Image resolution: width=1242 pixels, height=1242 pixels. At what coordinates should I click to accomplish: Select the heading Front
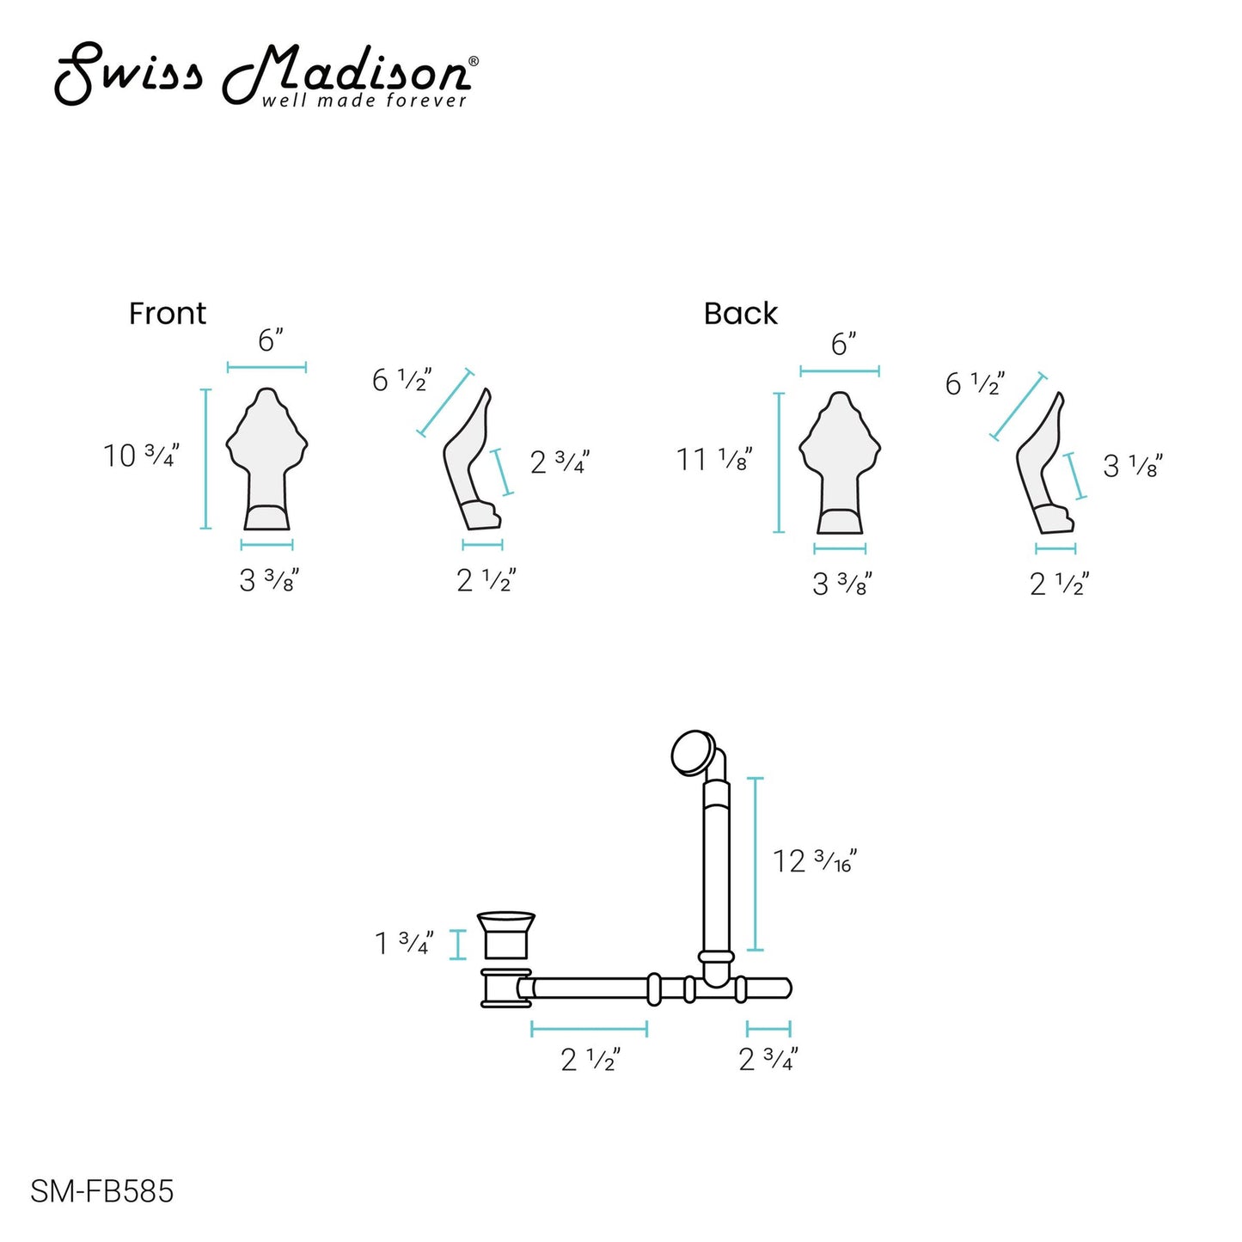point(168,314)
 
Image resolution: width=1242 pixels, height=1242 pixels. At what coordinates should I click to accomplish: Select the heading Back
point(741,314)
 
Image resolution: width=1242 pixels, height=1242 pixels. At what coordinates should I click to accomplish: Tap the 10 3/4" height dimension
point(141,456)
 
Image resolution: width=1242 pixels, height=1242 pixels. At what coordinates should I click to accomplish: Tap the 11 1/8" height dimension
point(714,460)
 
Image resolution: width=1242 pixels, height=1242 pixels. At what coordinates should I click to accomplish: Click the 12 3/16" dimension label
point(815,860)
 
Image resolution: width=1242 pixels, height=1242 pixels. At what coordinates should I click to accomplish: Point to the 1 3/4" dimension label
point(404,943)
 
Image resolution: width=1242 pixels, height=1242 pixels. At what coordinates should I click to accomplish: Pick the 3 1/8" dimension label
point(1133,466)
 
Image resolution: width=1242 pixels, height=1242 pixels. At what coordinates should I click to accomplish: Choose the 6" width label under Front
point(271,340)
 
